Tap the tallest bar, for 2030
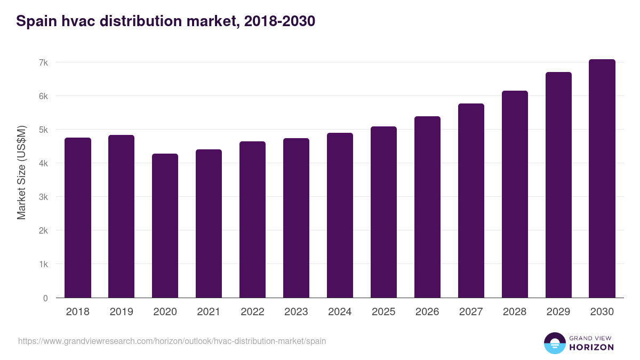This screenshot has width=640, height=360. [x=602, y=179]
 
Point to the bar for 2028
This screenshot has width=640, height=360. [x=515, y=194]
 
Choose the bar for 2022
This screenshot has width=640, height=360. [x=252, y=220]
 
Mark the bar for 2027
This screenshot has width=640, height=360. [x=471, y=201]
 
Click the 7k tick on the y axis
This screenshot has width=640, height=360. [x=43, y=62]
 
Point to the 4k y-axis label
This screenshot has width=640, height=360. [x=43, y=163]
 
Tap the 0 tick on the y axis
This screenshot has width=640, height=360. [x=45, y=298]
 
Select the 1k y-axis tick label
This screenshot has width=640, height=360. [x=43, y=265]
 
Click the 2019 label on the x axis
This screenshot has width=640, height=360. [x=121, y=312]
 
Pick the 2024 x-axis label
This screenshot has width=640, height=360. [x=340, y=312]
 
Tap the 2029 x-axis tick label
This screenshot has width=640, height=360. [x=558, y=312]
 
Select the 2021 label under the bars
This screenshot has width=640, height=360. [x=209, y=312]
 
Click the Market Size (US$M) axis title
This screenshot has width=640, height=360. [x=21, y=172]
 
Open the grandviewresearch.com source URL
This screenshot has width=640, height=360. [x=172, y=341]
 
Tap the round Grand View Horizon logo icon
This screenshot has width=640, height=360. [x=554, y=343]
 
